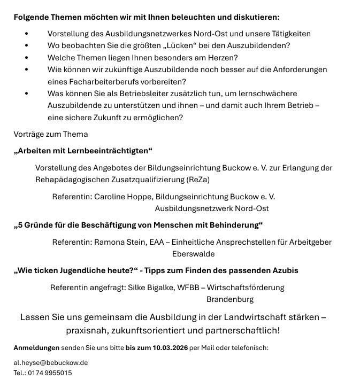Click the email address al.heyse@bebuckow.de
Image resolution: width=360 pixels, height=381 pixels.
[51, 362]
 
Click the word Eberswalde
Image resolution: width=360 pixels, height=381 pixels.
[194, 254]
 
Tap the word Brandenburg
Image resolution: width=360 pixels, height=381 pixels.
[230, 299]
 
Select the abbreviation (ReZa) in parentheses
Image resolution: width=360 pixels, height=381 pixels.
[197, 178]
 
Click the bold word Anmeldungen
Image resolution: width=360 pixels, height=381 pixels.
[36, 348]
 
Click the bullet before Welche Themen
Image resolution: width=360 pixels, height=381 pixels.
[27, 57]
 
